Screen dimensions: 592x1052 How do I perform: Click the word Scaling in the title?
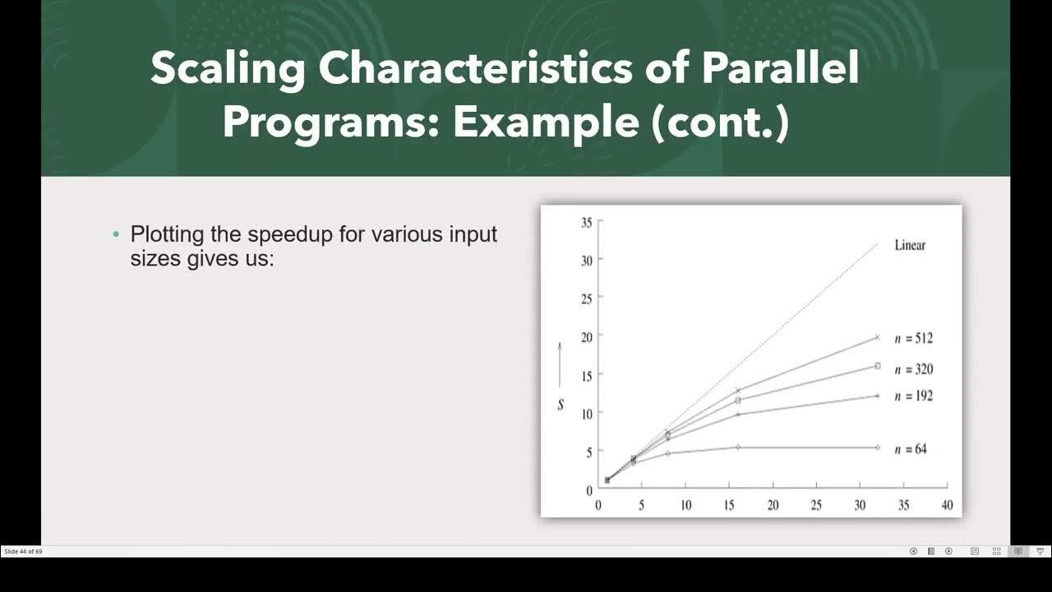tap(228, 69)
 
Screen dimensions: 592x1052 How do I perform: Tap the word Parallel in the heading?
tap(780, 69)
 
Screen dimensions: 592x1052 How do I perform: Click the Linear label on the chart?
tap(910, 245)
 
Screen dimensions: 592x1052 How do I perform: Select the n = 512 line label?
tap(913, 338)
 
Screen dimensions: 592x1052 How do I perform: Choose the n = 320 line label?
tap(913, 369)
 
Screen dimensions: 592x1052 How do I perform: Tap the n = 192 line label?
tap(913, 396)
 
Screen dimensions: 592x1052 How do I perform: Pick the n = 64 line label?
tap(910, 449)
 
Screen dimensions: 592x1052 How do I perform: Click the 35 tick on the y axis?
tap(586, 222)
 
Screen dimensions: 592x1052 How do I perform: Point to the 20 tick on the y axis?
tap(586, 336)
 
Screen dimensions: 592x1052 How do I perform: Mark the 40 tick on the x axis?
tap(947, 506)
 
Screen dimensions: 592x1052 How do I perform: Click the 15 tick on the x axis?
tap(729, 506)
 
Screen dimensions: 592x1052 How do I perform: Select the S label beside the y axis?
tap(561, 405)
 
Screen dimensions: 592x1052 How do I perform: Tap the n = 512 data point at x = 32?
tap(877, 337)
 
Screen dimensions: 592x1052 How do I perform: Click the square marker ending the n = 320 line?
tap(877, 366)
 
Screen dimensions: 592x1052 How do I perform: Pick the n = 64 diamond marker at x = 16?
tap(738, 447)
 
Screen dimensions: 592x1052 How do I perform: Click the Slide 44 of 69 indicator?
tap(23, 551)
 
